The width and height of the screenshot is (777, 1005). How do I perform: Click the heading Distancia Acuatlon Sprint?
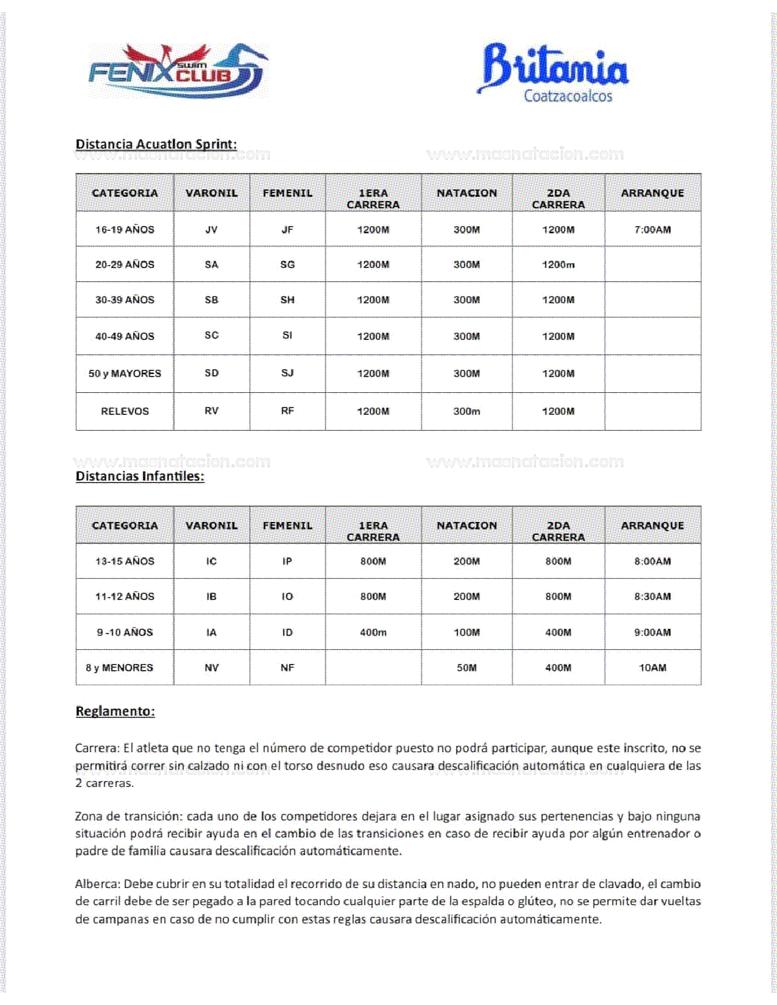(x=156, y=144)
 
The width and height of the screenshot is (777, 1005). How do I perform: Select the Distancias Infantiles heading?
(x=140, y=476)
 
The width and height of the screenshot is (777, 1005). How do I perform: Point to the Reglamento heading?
(x=115, y=711)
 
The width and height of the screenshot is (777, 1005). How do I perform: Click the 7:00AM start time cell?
(x=652, y=230)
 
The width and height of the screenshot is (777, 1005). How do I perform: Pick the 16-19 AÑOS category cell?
(x=124, y=230)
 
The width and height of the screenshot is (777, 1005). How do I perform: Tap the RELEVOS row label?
(x=124, y=411)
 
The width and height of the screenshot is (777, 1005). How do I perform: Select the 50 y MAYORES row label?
(x=124, y=373)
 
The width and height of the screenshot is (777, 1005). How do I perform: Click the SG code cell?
(x=287, y=264)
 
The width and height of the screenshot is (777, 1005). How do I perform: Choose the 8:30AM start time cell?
(x=652, y=596)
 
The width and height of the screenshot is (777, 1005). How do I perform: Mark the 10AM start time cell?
(x=652, y=668)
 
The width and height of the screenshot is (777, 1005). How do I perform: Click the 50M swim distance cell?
(x=466, y=668)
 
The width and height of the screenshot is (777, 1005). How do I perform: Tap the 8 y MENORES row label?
(x=119, y=668)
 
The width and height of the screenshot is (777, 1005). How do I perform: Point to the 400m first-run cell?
(x=373, y=632)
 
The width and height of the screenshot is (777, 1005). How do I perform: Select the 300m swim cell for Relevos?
(x=466, y=411)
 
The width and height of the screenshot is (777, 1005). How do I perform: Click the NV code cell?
(x=211, y=668)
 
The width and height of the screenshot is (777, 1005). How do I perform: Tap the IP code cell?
(x=287, y=561)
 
